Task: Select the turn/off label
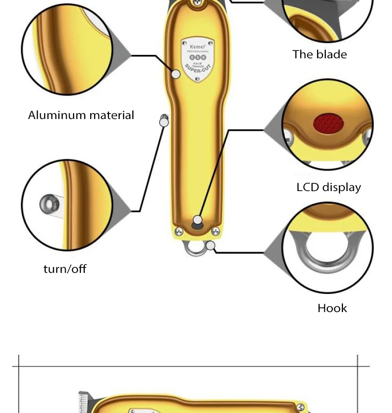coord(65,268)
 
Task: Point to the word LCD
coord(308,187)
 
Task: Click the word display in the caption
coord(341,187)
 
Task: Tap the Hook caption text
coord(332,308)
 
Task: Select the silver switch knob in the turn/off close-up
coord(48,203)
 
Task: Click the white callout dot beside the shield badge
coord(176,74)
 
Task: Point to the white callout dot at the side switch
coord(164,121)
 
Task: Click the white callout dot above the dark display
coord(197,219)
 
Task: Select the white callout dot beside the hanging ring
coord(211,245)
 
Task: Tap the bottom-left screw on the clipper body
coord(179,231)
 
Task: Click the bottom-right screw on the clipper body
coord(215,231)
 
